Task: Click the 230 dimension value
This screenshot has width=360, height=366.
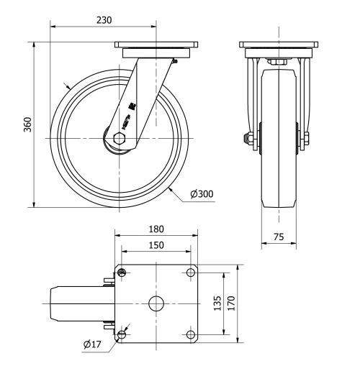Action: [x=104, y=20]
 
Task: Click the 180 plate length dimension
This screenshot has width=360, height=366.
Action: [x=156, y=229]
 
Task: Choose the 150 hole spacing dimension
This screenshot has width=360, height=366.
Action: [x=156, y=245]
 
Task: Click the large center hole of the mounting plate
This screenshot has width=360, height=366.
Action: [x=156, y=303]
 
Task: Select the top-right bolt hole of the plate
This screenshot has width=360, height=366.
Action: [x=191, y=272]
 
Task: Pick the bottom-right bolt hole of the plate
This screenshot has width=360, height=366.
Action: [x=191, y=334]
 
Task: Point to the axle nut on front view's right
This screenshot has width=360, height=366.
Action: [x=307, y=138]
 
